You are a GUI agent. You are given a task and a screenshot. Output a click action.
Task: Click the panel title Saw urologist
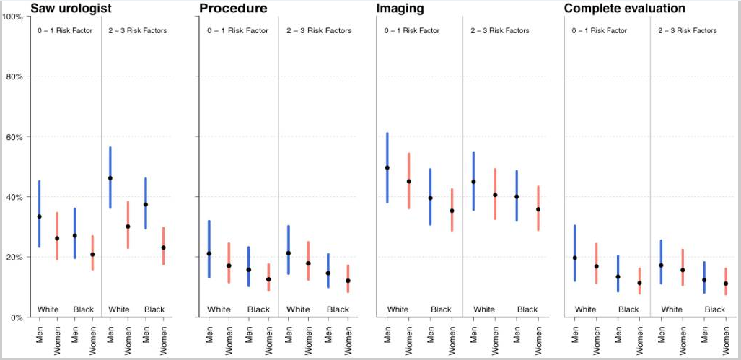coord(71,9)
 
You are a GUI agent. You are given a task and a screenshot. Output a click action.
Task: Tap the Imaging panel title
coord(400,9)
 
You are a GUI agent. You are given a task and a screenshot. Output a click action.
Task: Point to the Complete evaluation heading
coord(624,9)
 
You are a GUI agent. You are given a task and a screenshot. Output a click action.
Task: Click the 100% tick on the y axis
coord(12,16)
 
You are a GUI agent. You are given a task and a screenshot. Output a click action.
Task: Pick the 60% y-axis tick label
coord(14,137)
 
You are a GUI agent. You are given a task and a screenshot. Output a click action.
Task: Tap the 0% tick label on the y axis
coord(17,317)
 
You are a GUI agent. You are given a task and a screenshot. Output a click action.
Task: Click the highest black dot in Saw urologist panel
coord(110,178)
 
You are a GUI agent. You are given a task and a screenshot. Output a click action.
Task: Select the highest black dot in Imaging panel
coord(387,168)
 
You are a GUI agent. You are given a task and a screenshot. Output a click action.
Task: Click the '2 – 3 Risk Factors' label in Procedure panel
coord(319,31)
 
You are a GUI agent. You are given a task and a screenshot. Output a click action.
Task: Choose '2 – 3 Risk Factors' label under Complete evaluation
coord(688,31)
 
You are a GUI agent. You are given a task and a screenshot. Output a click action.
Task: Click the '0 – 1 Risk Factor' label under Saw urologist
coord(65,31)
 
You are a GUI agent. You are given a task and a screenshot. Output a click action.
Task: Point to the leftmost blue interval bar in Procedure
coord(209,249)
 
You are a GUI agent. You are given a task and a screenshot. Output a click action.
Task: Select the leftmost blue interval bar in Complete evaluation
coord(575,253)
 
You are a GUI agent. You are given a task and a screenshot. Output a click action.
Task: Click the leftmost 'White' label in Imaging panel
coord(398,309)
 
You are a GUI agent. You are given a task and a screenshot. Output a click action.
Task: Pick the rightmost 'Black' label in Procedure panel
coord(338,309)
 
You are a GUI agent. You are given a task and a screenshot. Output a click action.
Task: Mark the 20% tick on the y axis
coord(14,258)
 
